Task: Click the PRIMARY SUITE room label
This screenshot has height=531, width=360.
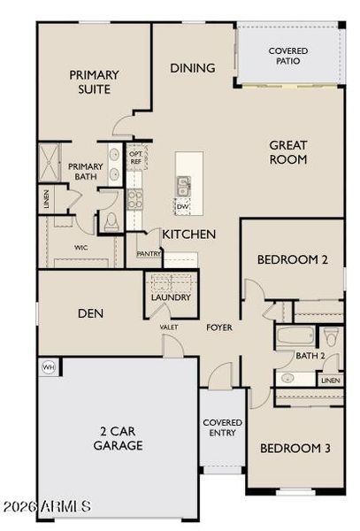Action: point(94,82)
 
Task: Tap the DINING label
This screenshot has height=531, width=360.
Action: point(192,68)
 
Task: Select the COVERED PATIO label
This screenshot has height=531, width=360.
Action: point(288,57)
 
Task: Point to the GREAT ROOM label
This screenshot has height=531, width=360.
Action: point(288,152)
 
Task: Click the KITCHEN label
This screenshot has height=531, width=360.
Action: point(188,235)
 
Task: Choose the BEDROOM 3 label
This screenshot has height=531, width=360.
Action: point(295,449)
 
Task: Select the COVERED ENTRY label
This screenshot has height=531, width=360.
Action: point(223,428)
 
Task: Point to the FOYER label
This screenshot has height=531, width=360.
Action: point(219,327)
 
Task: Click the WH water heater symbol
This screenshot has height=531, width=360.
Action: point(47,365)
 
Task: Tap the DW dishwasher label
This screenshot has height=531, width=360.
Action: point(182,206)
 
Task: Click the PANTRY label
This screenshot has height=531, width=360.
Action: point(148,253)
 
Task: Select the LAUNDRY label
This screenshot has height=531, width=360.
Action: point(170,297)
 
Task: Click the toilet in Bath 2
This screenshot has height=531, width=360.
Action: point(331,336)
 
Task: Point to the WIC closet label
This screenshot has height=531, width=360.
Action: point(80,248)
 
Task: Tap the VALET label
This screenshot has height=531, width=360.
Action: point(169,327)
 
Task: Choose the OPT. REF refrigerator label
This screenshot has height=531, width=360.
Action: point(135,158)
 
